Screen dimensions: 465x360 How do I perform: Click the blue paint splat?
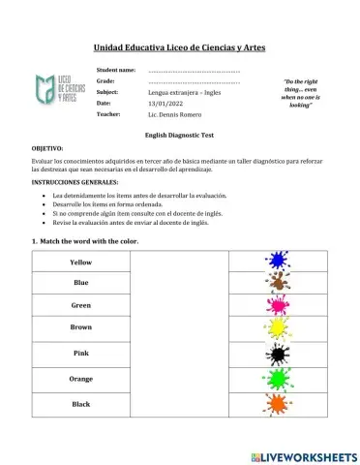click(x=279, y=261)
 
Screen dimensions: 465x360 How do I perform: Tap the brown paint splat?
click(x=279, y=283)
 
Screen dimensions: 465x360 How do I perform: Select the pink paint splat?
click(x=279, y=306)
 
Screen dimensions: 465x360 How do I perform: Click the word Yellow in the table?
click(x=81, y=263)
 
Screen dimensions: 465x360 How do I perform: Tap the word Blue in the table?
click(x=81, y=283)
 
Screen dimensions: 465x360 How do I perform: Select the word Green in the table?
click(x=81, y=305)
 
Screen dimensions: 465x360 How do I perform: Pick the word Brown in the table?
click(x=81, y=328)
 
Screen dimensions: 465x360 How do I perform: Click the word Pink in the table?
click(x=81, y=354)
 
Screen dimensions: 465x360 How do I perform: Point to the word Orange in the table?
click(x=81, y=378)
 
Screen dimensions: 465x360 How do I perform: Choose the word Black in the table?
click(x=81, y=402)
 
